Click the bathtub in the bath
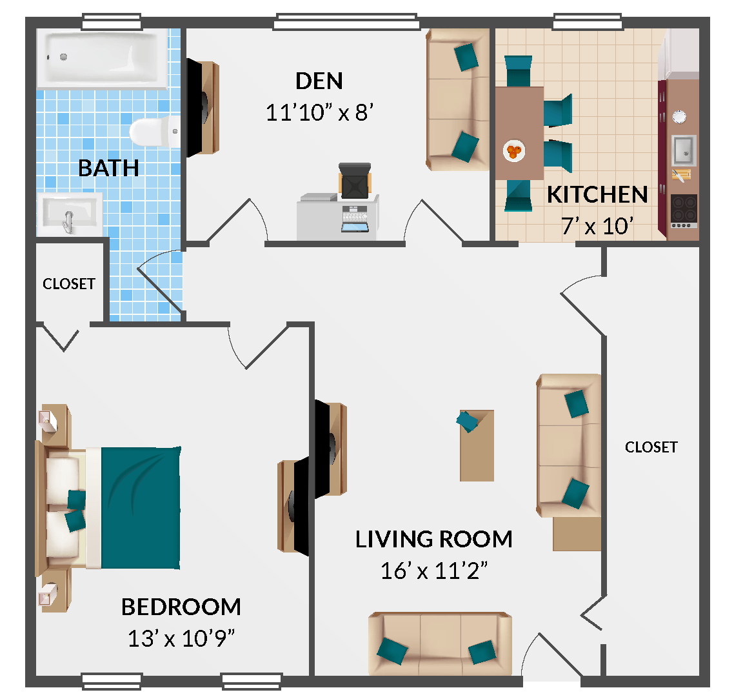click(103, 59)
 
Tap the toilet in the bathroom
click(154, 131)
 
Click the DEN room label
click(319, 81)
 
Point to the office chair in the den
click(355, 181)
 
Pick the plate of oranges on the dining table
click(513, 152)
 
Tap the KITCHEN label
click(597, 194)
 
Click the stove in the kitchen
click(684, 210)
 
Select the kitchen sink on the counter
click(683, 150)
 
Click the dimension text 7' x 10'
click(597, 226)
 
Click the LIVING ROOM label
click(434, 539)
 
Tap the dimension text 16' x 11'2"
click(434, 571)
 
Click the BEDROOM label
click(181, 607)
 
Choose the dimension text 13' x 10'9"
click(181, 638)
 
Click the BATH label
click(108, 168)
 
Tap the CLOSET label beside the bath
click(69, 284)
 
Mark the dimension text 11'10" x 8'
click(320, 113)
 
